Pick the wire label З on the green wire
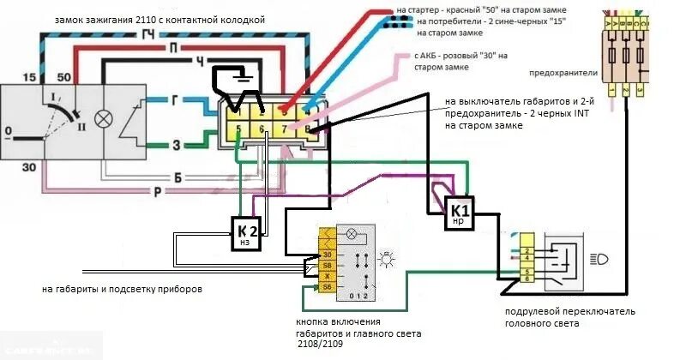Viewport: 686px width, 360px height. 176,145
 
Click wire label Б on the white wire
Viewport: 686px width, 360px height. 176,177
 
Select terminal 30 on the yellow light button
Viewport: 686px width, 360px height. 327,255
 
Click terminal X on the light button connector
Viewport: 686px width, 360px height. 327,277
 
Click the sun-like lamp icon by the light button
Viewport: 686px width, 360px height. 388,257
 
